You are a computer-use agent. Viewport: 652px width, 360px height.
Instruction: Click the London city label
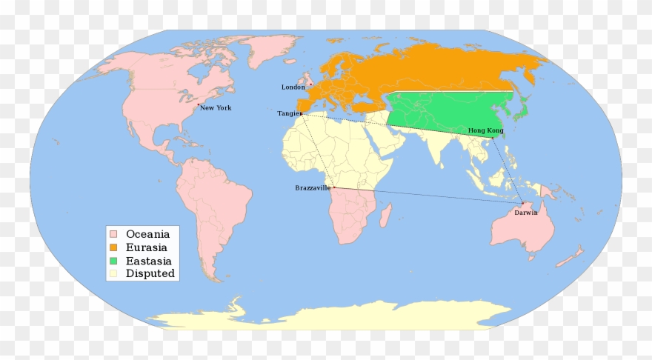[x=293, y=87]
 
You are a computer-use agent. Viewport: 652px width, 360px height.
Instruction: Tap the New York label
[x=216, y=108]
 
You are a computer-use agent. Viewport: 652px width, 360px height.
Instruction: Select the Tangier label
[x=289, y=113]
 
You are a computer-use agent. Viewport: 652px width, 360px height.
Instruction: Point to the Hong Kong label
[x=485, y=130]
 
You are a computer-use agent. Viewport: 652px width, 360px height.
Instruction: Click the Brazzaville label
[x=312, y=188]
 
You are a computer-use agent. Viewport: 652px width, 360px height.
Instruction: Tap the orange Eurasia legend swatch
[x=113, y=247]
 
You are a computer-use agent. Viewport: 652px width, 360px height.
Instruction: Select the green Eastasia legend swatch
[x=113, y=261]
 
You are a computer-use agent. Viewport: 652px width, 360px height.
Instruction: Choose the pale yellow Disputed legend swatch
[x=113, y=274]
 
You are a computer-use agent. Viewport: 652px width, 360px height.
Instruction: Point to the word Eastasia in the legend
[x=149, y=261]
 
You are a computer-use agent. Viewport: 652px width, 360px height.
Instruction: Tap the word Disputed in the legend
[x=150, y=274]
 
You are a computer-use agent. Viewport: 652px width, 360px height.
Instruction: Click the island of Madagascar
[x=385, y=216]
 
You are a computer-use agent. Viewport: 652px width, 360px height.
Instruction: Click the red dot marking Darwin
[x=522, y=204]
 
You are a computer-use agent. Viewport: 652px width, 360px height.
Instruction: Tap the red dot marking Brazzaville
[x=334, y=187]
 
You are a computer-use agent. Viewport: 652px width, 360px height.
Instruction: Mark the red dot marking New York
[x=198, y=107]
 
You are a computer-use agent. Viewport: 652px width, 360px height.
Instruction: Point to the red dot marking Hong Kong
[x=492, y=137]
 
